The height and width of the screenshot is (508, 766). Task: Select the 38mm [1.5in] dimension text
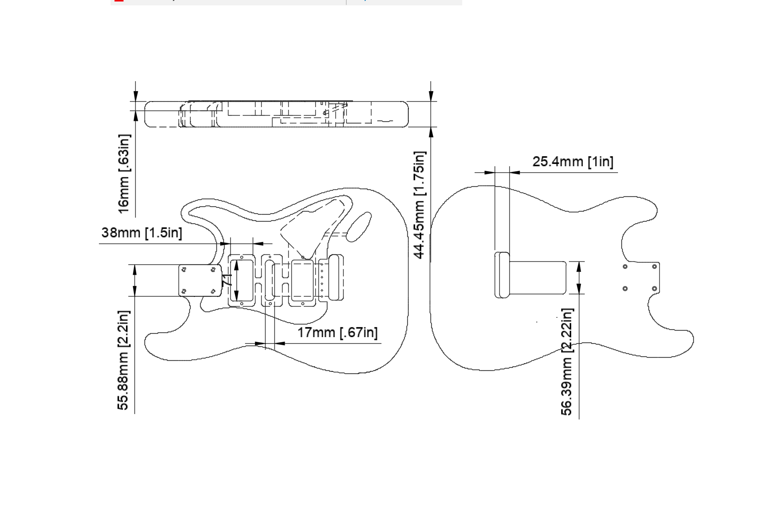tap(141, 233)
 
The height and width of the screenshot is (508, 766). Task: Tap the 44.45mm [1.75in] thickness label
tap(419, 205)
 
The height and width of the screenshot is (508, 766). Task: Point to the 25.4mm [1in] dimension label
tap(573, 162)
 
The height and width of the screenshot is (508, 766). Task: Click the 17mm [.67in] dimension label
tap(337, 332)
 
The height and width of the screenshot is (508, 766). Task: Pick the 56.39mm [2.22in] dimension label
tap(567, 362)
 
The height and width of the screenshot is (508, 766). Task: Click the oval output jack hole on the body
tap(359, 227)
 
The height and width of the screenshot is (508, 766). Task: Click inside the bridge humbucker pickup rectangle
tap(302, 281)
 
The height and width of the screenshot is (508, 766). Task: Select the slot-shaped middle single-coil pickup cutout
tap(269, 281)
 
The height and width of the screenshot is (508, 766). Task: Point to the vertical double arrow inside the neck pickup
tap(236, 281)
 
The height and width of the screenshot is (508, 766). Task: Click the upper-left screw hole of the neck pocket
tap(184, 269)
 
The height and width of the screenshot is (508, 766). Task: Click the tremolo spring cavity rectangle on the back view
tap(537, 278)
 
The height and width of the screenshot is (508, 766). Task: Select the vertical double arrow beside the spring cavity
tap(579, 278)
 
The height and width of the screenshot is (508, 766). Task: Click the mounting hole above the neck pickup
tap(242, 257)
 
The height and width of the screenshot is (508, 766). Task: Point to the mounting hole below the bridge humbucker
tap(302, 304)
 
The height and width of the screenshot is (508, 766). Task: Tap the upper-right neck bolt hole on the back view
tap(654, 267)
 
